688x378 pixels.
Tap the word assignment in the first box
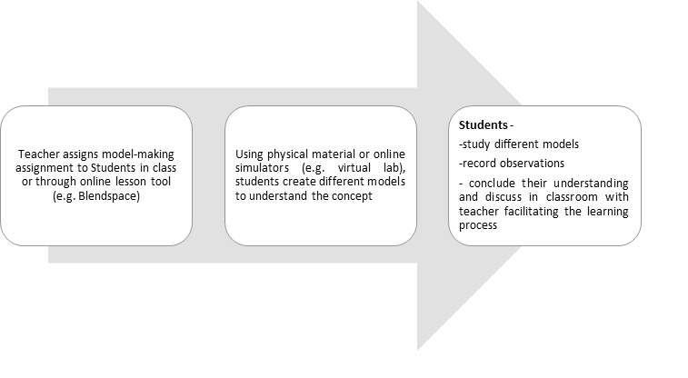[43, 168]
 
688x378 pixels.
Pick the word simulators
[262, 168]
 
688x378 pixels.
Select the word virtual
[354, 168]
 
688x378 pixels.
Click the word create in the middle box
[299, 182]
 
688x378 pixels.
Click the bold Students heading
[484, 125]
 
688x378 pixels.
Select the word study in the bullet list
[476, 144]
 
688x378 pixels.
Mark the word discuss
[504, 197]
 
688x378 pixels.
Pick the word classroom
[572, 197]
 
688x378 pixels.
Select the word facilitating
[532, 212]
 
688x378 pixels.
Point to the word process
[478, 226]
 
